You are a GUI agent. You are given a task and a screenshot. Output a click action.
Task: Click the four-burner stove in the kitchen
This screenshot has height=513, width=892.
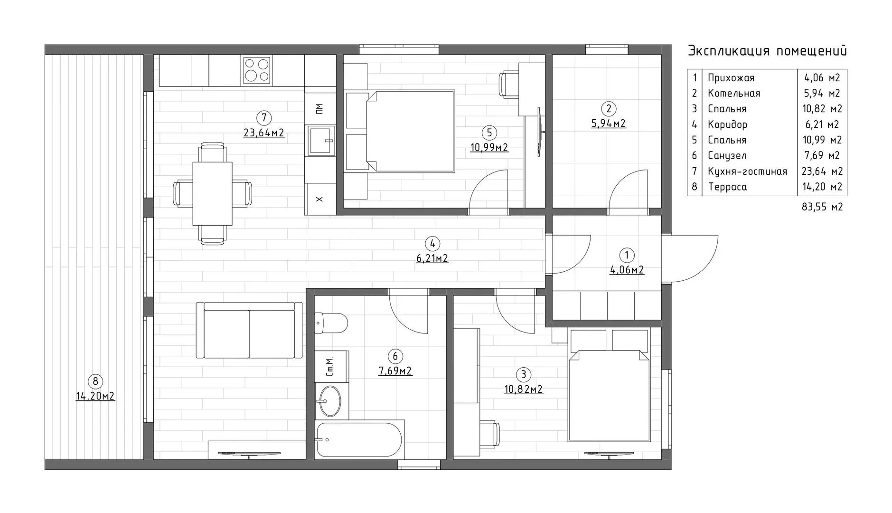click(257, 70)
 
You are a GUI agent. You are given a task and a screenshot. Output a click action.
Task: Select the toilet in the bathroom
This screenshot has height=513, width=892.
click(331, 323)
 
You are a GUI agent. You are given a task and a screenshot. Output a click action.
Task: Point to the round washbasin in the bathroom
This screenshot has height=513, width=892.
click(329, 401)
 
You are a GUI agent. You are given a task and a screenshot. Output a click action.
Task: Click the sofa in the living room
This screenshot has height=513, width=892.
click(249, 330)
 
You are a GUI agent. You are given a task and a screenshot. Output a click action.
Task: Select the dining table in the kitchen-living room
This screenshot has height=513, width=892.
click(212, 193)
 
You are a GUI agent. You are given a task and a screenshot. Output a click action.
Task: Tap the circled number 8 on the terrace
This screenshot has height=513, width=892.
click(95, 381)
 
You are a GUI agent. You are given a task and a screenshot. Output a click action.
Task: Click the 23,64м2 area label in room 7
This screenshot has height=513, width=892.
click(264, 133)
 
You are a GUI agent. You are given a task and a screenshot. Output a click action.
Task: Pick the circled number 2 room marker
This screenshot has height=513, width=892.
click(608, 109)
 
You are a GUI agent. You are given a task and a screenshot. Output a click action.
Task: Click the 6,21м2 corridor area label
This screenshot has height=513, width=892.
click(432, 258)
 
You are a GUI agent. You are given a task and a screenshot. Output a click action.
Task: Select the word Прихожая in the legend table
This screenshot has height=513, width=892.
click(731, 78)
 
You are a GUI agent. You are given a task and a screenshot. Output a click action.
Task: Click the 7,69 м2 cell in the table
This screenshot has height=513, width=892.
click(822, 155)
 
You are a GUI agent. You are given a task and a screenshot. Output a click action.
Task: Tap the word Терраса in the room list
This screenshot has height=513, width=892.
click(727, 187)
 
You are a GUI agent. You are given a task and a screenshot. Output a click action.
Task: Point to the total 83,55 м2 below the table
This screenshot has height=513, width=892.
click(822, 207)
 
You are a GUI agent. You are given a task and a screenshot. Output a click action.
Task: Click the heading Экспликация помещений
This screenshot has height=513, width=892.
click(767, 51)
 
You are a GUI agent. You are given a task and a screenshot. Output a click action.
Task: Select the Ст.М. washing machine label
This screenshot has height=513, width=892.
click(330, 366)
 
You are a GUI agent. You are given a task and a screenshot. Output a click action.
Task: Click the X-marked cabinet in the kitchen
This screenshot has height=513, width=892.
click(320, 199)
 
